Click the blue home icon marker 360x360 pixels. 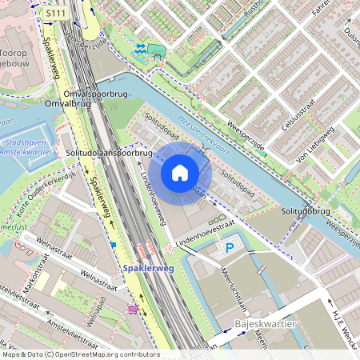(x=180, y=173)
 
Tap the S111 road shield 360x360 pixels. (x=56, y=14)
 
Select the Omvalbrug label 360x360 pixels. (x=67, y=102)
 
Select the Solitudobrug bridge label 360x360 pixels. (x=306, y=211)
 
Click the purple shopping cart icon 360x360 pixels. (x=132, y=309)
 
